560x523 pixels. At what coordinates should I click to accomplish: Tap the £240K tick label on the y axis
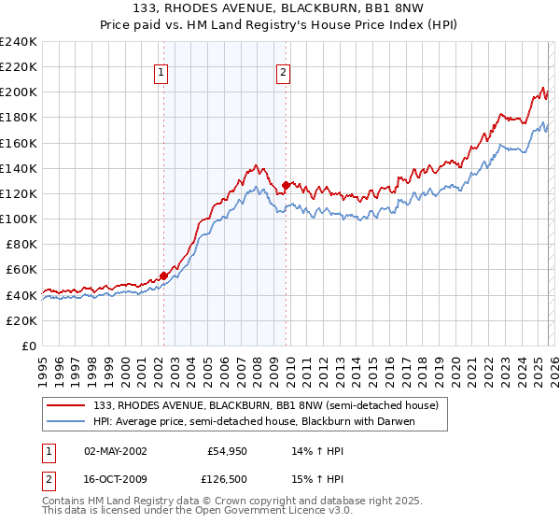[x=18, y=42]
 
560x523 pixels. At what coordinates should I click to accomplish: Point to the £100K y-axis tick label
[x=18, y=219]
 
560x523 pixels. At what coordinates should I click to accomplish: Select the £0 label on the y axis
[x=27, y=346]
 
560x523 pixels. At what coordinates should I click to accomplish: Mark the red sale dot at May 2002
[x=163, y=276]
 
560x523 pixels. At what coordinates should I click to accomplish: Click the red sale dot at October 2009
[x=286, y=185]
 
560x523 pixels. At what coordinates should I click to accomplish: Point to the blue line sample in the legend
[x=66, y=420]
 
